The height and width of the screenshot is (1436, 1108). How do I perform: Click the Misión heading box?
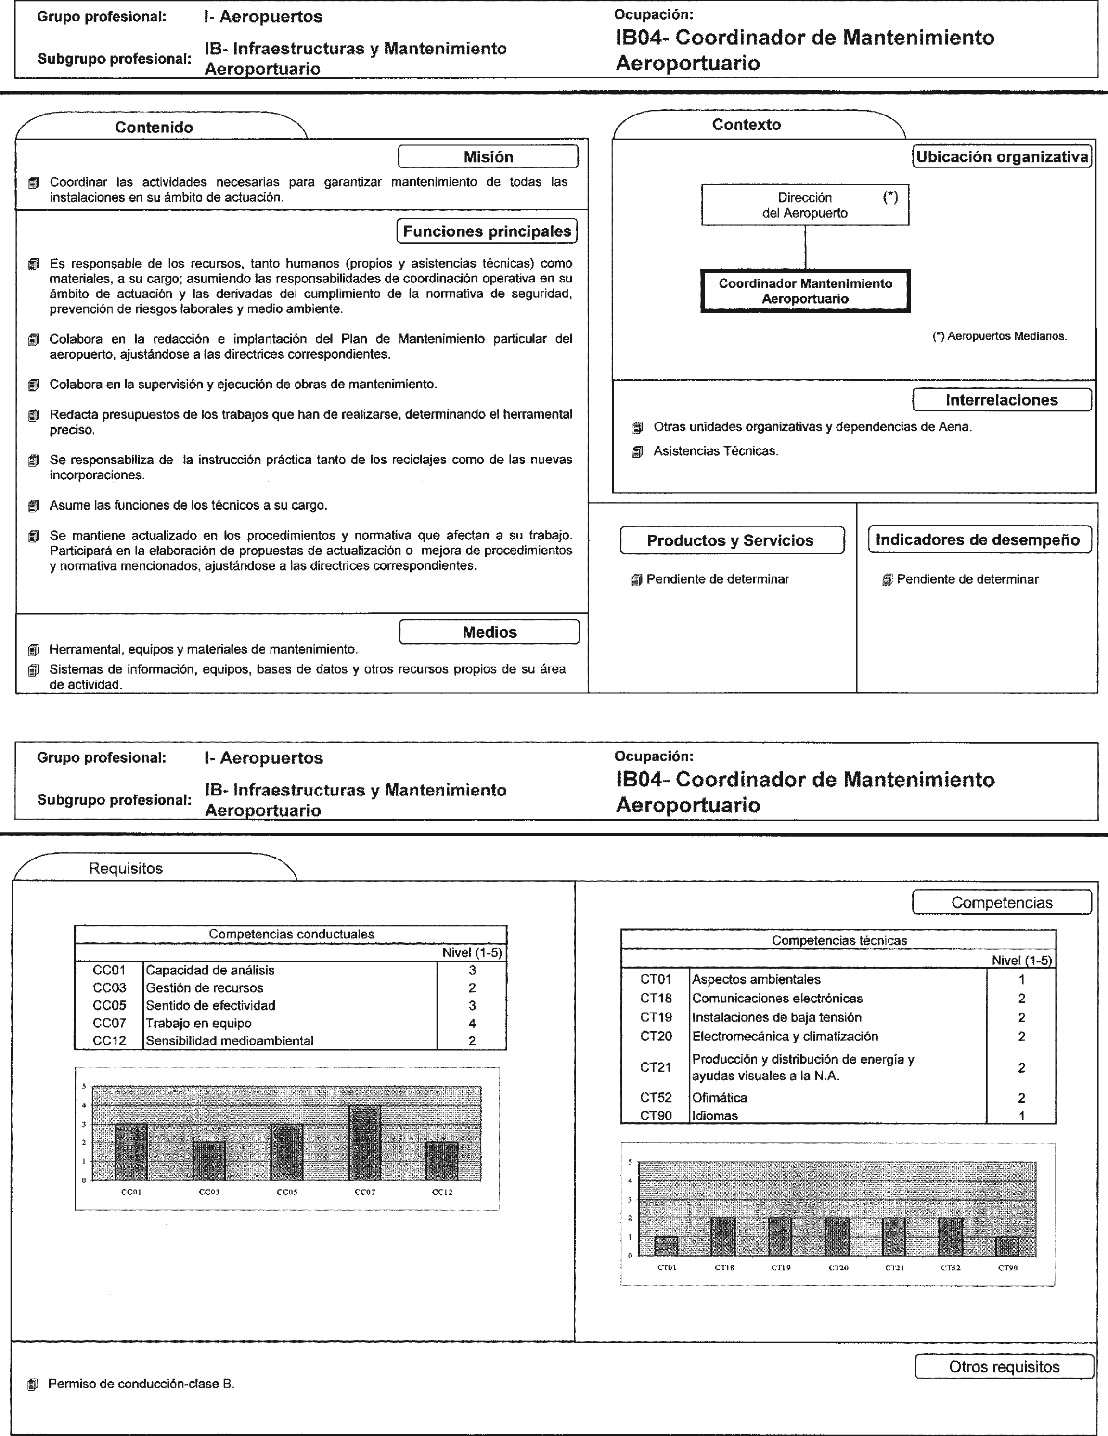488,156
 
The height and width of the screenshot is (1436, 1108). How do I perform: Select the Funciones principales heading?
487,231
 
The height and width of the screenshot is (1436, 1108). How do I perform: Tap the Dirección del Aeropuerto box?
805,205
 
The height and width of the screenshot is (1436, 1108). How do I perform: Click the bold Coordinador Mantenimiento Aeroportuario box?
805,291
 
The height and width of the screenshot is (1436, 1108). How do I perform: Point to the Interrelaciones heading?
1002,400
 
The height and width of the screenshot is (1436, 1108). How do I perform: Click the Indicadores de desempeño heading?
978,540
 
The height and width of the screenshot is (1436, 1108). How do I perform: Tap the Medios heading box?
489,632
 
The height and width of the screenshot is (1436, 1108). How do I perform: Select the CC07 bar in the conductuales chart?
365,1143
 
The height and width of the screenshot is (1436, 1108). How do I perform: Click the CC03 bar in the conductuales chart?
209,1161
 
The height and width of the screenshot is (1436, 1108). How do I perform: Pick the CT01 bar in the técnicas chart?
666,1246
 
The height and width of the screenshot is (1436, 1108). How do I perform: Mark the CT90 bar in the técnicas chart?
1007,1246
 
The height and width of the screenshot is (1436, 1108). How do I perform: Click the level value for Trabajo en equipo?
472,1023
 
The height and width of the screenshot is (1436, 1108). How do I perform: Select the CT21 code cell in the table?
656,1067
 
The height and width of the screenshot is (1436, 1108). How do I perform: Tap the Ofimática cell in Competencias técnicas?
720,1097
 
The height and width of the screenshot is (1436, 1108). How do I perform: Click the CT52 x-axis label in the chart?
951,1268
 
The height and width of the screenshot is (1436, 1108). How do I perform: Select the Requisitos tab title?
126,869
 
